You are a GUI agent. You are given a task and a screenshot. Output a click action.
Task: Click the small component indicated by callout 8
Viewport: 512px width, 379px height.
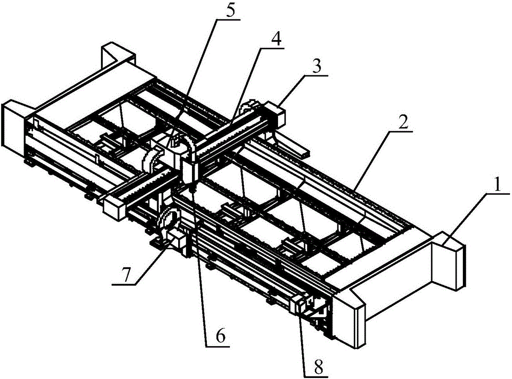tap(300, 306)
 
